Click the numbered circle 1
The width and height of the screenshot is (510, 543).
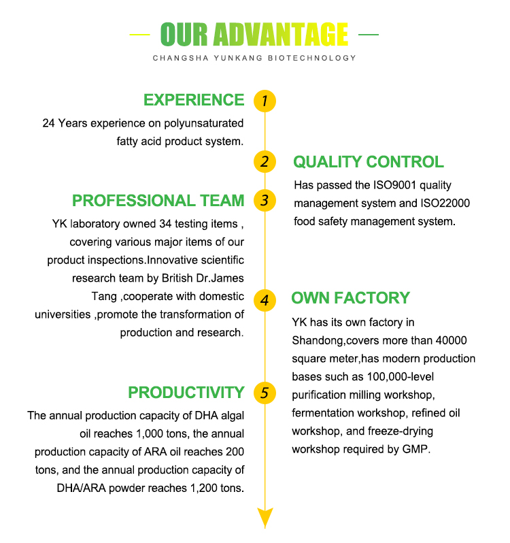point(265,101)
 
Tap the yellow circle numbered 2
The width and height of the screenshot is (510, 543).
point(265,161)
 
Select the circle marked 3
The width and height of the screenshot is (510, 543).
point(265,200)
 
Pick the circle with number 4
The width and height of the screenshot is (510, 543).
point(265,299)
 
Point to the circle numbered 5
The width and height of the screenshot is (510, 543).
point(265,392)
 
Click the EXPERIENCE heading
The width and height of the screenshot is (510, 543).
point(193,100)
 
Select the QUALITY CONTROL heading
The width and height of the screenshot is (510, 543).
point(368,162)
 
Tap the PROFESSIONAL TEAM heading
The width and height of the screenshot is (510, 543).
point(158,201)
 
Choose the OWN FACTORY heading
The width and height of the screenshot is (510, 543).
point(350,298)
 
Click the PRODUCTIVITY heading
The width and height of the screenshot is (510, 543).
point(186,393)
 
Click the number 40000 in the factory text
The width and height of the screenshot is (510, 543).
point(452,340)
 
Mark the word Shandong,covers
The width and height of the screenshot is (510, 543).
point(331,340)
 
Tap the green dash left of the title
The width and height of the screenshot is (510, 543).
point(140,34)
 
